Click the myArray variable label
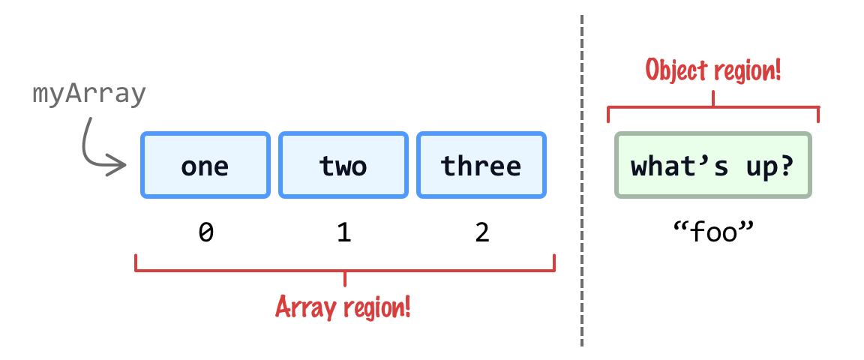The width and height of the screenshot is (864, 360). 88,95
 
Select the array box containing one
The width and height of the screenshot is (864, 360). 205,165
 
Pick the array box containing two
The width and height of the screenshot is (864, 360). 343,165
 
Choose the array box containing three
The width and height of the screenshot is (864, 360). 481,165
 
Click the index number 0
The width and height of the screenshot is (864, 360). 205,233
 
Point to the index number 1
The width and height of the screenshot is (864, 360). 343,233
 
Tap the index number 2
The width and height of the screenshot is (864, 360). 481,233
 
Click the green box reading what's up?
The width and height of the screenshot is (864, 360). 712,165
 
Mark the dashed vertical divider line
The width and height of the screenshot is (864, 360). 581,180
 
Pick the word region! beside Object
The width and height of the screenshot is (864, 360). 748,71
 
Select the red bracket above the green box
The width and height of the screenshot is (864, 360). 712,107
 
